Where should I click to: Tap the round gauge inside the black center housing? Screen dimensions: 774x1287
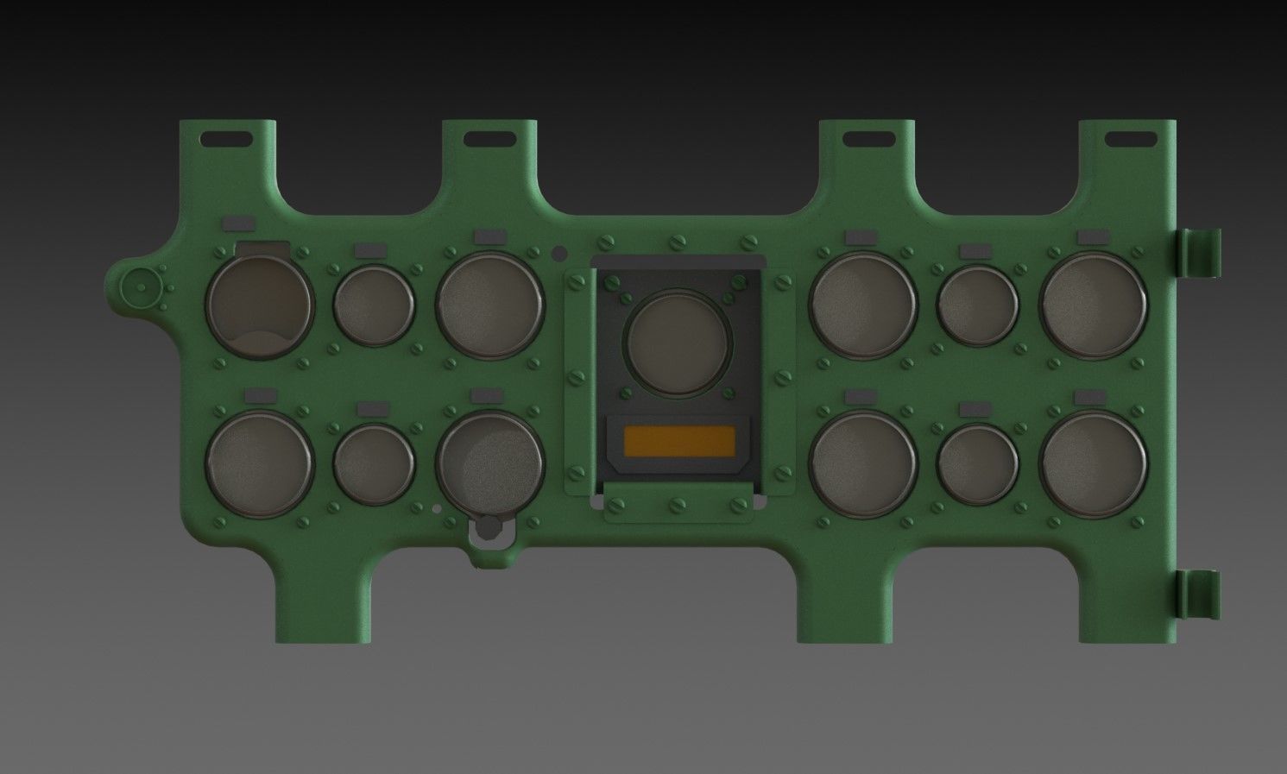point(678,343)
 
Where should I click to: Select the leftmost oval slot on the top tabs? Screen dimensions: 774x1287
point(226,139)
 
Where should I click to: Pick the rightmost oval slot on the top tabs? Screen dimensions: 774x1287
point(1131,138)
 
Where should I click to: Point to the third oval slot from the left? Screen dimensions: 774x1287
point(867,138)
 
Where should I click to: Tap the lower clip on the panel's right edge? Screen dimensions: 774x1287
point(1199,595)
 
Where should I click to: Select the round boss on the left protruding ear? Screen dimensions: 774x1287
point(138,286)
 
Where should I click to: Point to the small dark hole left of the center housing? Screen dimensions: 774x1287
point(559,253)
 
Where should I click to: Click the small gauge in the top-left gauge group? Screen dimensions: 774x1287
point(374,305)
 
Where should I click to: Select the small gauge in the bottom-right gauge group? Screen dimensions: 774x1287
point(977,463)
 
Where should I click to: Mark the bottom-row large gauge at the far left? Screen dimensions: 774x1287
point(260,463)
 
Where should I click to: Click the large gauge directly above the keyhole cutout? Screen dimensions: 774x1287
point(489,463)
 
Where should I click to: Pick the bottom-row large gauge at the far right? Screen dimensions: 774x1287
point(1094,463)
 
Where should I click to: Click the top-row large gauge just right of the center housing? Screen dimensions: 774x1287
point(862,305)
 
